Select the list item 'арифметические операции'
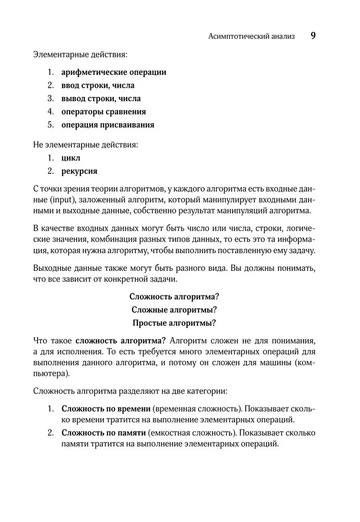pyautogui.click(x=113, y=72)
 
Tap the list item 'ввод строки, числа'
pyautogui.click(x=98, y=85)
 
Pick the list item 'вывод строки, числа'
pyautogui.click(x=101, y=98)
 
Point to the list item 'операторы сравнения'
pyautogui.click(x=103, y=111)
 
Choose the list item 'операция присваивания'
pyautogui.click(x=108, y=125)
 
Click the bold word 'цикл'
pyautogui.click(x=71, y=157)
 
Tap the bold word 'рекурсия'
pyautogui.click(x=79, y=170)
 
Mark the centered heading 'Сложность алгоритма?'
pyautogui.click(x=174, y=296)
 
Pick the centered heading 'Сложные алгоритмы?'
pyautogui.click(x=174, y=309)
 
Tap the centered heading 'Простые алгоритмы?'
pyautogui.click(x=174, y=322)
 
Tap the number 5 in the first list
pyautogui.click(x=50, y=125)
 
